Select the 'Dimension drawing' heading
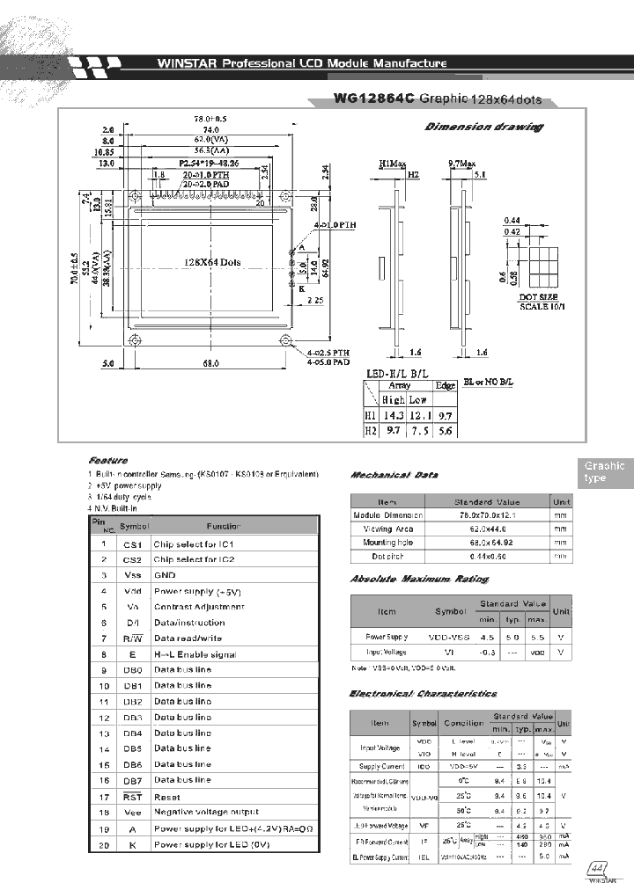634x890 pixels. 483,127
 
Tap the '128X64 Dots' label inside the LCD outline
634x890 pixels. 212,262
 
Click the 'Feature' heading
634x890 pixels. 108,460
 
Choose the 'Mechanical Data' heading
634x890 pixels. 394,475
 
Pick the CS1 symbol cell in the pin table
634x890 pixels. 131,544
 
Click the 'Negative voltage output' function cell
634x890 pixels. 207,812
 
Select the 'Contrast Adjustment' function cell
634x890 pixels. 199,607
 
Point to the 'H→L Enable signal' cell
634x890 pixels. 195,654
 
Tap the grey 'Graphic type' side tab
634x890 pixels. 605,472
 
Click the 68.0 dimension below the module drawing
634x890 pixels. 210,361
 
